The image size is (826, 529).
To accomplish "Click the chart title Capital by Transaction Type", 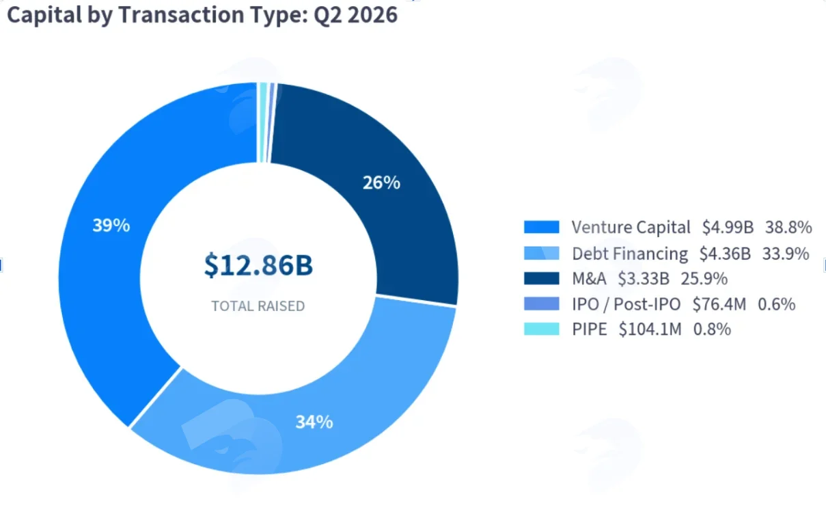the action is coord(157,16).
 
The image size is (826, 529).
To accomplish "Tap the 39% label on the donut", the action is coord(111,226).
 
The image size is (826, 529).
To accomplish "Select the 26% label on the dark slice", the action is coord(381,182).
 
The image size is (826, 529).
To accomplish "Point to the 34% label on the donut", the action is coord(314,422).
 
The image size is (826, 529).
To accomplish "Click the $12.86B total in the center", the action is coord(258,265).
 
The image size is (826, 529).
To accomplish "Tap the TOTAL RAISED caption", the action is coord(258,306).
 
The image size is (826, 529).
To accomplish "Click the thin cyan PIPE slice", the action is coord(263,122).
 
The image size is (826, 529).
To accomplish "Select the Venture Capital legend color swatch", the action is coord(542,227).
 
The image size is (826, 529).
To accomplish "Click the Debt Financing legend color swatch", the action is coord(542,254).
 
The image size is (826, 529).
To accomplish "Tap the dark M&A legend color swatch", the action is coord(542,279).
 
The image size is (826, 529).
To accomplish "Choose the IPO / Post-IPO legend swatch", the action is coord(542,303).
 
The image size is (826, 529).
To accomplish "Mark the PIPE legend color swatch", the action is coord(542,329).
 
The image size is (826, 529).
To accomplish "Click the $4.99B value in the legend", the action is coord(728,227).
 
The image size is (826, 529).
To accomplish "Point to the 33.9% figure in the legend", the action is coord(786,254).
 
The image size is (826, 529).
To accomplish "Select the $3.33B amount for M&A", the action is coord(644,279).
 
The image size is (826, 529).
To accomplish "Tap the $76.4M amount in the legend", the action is coord(719,304).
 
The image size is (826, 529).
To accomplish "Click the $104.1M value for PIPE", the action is coord(650,329).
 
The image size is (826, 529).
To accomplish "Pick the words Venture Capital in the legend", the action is coord(631,227).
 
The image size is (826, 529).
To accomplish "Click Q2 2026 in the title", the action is coord(355,16).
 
